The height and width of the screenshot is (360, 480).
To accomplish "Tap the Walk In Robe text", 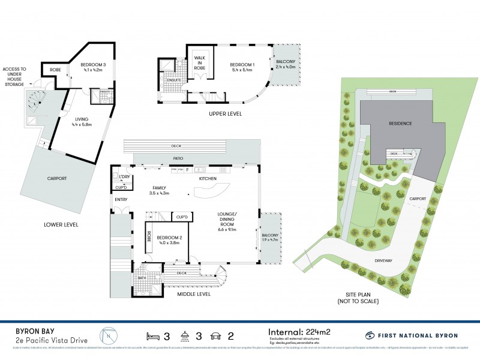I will tap(199, 62).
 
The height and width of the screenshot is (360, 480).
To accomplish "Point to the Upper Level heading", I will tap(226, 113).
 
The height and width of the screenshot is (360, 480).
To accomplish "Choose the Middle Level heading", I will tap(194, 294).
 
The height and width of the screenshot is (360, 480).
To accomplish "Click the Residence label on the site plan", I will tap(400, 124).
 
